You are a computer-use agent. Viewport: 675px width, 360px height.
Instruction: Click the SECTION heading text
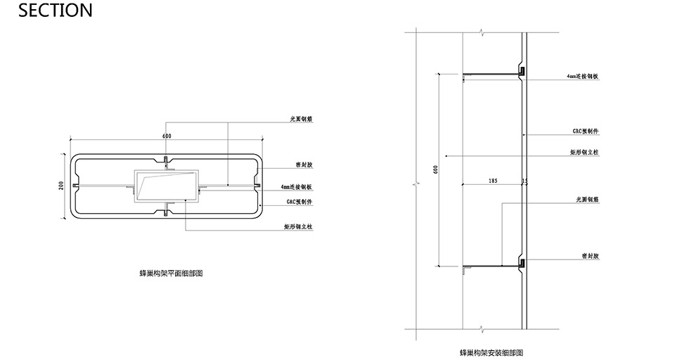46,11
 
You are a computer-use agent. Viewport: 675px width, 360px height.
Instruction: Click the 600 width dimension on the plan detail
167,136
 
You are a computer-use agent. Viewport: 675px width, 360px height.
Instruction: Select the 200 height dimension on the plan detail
62,185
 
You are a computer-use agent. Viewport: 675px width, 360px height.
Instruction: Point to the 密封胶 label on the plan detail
304,165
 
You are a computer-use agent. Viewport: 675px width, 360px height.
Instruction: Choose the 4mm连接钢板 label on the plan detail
296,188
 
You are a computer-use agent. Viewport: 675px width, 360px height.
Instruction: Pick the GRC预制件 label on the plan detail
299,202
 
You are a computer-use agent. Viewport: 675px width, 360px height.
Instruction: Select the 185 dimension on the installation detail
492,181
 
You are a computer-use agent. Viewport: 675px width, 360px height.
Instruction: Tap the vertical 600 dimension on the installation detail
436,170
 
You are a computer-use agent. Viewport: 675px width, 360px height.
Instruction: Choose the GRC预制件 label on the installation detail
585,131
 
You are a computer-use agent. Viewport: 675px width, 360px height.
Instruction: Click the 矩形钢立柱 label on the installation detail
584,152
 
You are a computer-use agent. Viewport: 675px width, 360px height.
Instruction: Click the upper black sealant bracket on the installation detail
522,71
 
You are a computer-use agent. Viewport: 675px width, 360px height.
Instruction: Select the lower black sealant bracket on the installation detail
522,264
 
